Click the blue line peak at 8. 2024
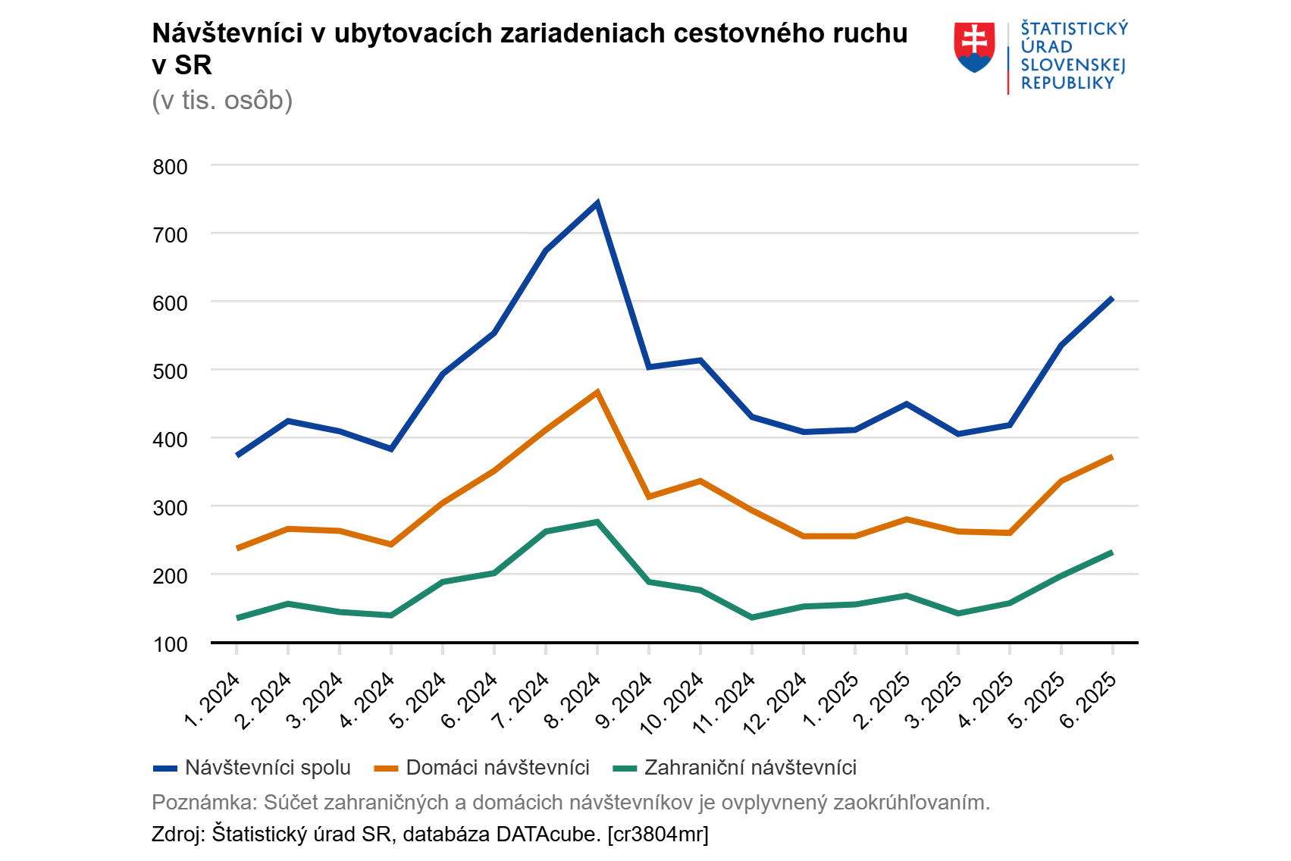click(x=597, y=203)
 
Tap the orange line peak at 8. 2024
click(x=597, y=393)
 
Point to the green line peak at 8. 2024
click(x=597, y=521)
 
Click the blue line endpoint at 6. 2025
click(x=1112, y=299)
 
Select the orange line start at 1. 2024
click(x=237, y=548)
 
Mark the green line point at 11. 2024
click(x=752, y=618)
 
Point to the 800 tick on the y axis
click(x=171, y=167)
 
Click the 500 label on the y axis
click(x=171, y=371)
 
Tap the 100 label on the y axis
click(x=171, y=644)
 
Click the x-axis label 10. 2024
click(x=673, y=702)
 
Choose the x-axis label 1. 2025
click(x=832, y=699)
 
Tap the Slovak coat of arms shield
click(x=974, y=47)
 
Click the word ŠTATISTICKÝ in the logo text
click(x=1074, y=29)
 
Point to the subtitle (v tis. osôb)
click(x=222, y=100)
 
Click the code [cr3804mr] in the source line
click(x=658, y=834)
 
